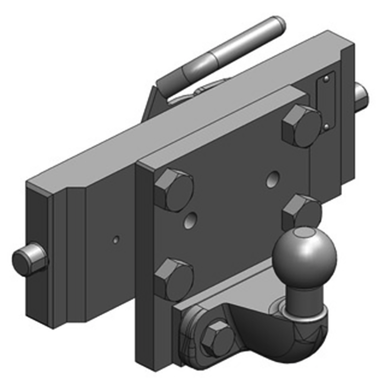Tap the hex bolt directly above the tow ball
click(301, 212)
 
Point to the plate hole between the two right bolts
click(274, 178)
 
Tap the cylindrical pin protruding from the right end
click(361, 95)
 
